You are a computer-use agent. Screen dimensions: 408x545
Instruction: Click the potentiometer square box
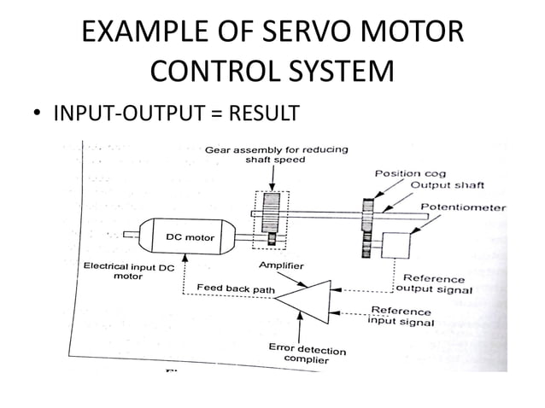click(396, 245)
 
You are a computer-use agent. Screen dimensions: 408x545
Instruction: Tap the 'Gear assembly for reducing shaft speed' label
click(276, 155)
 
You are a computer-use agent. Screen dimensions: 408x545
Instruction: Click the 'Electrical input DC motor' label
click(129, 272)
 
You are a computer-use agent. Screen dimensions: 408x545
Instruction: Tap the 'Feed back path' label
click(236, 289)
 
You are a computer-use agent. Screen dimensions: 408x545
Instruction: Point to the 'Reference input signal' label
click(401, 316)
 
